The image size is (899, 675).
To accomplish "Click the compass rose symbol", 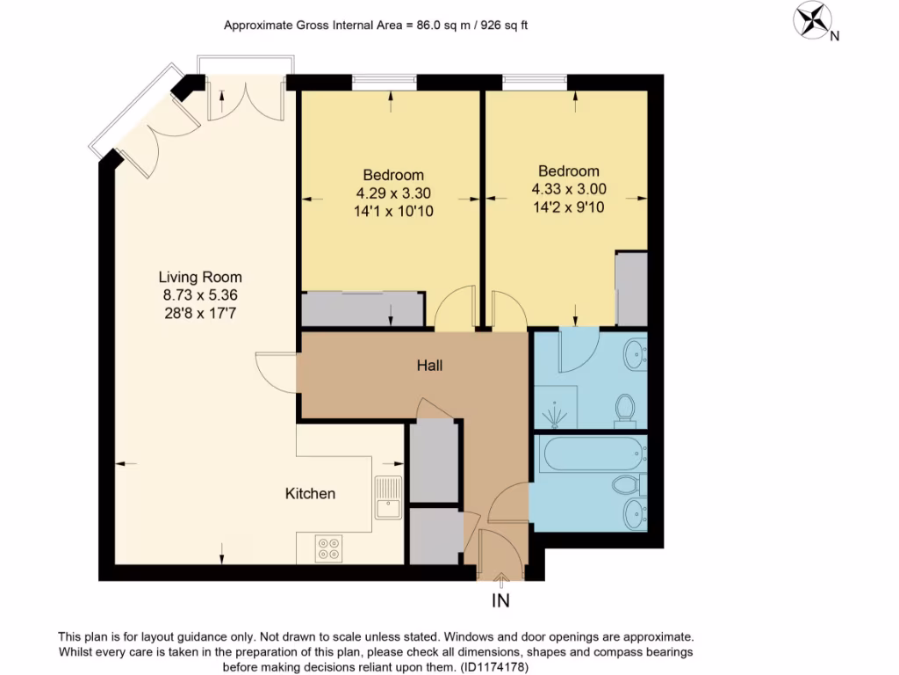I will tap(812, 18).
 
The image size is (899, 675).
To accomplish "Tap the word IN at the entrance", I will tap(501, 601).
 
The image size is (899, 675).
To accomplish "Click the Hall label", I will tap(429, 365).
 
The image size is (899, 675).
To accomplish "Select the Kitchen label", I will tap(310, 494).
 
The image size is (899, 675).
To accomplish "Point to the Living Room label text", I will tap(200, 277).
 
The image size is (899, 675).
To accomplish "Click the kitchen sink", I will tap(387, 497).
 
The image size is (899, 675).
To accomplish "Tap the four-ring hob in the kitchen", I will tap(330, 548).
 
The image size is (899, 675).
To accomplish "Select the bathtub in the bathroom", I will tap(579, 454).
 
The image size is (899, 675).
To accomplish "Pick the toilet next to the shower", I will tap(625, 408).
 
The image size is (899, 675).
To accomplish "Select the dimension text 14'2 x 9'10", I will tap(569, 207).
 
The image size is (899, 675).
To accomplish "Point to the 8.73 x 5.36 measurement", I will tap(200, 295).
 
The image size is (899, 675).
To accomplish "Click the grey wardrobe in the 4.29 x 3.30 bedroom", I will tap(361, 309).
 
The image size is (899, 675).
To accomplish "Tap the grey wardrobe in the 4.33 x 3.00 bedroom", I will tap(630, 289).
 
